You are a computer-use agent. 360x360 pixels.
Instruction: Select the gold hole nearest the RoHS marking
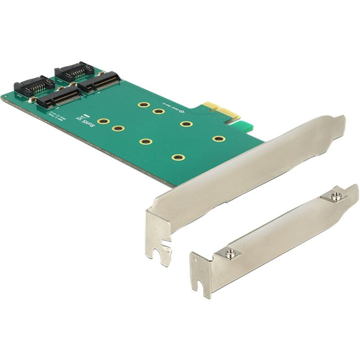[x=104, y=122]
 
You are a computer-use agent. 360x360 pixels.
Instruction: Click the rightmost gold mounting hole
[x=219, y=139]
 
